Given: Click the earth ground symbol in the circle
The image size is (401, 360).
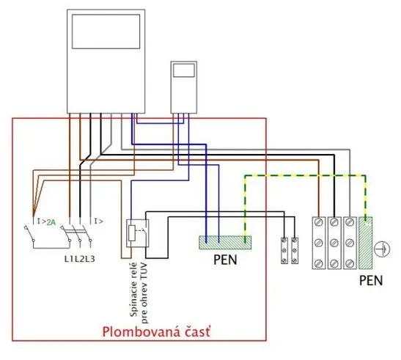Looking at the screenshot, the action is tap(382, 249).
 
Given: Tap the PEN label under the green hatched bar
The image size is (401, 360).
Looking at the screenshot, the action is tap(225, 260).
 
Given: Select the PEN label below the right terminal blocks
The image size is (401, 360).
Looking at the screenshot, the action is tap(371, 280).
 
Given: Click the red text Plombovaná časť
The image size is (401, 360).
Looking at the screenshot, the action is tap(156, 332).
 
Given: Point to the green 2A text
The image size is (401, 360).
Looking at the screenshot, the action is tap(51, 222).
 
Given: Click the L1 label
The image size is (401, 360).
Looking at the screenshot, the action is tap(69, 259).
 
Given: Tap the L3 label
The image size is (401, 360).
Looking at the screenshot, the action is tap(90, 259).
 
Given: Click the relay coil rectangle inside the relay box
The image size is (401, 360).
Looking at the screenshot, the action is tap(132, 233).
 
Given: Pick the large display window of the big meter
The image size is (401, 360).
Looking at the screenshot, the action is tap(106, 32).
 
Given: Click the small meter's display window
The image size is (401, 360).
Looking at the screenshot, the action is tap(184, 70).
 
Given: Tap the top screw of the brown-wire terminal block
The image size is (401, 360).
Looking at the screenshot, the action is tap(319, 222).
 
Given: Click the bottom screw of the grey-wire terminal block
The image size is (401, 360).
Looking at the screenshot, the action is tap(350, 262).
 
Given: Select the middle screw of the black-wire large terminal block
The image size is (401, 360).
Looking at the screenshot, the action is tap(334, 242).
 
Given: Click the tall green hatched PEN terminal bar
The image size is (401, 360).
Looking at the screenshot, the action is tap(366, 243).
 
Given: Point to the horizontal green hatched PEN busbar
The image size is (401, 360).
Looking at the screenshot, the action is tap(225, 242).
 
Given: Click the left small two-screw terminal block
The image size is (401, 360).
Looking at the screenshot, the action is tap(284, 251).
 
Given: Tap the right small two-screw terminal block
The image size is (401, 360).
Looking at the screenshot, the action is tap(295, 251).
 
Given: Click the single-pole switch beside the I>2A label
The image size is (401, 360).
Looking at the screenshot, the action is tap(29, 233).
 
